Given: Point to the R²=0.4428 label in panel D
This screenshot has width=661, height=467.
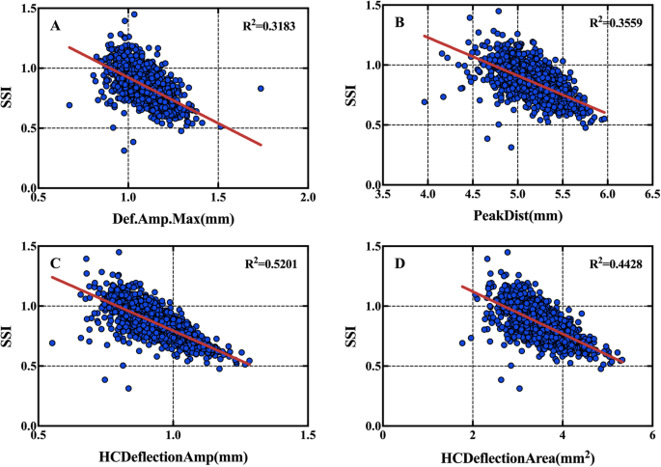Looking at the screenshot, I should point(602,259).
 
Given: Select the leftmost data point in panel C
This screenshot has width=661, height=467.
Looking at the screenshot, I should point(51,343).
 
